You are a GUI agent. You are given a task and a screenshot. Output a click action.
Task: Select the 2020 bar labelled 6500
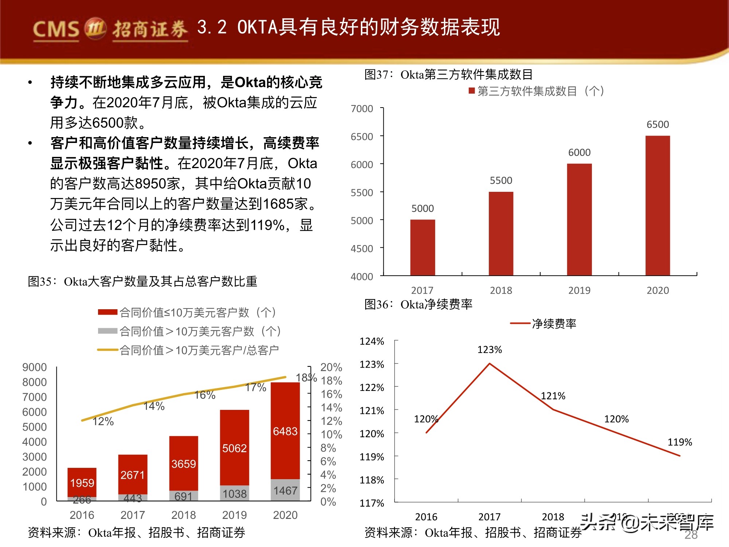point(658,205)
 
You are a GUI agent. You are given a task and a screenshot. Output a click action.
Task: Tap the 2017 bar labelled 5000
point(422,247)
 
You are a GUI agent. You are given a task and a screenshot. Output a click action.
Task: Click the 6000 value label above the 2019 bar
point(579,152)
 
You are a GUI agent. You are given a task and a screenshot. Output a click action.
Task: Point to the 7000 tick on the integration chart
point(362,109)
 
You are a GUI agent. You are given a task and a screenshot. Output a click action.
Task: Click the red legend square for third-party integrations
point(472,90)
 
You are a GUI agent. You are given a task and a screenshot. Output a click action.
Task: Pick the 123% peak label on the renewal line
point(490,350)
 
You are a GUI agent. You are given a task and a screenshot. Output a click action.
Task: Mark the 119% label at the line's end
point(679,442)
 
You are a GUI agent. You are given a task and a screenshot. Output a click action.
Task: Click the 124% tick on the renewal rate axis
point(372,341)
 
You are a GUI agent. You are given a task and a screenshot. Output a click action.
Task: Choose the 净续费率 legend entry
point(554,323)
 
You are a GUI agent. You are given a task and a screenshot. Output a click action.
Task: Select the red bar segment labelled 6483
point(285,431)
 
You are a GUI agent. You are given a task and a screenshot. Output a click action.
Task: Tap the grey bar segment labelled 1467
point(285,490)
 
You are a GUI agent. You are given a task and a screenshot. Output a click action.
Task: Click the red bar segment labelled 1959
point(82,482)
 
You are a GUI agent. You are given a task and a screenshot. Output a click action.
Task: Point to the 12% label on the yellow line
point(103,422)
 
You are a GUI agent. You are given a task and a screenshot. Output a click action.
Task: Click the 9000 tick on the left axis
point(35,367)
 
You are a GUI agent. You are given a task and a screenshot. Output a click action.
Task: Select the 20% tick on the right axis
point(331,367)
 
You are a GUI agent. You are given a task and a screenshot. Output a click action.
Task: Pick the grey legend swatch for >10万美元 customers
point(108,331)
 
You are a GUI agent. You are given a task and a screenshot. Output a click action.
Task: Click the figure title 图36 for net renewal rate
point(418,304)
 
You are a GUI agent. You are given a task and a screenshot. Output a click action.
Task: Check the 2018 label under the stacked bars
point(184,515)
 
